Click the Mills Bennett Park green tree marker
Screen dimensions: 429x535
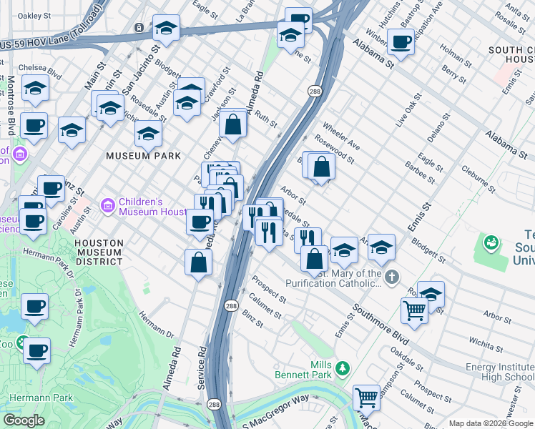coord(343,368)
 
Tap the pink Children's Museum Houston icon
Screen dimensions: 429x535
coord(107,206)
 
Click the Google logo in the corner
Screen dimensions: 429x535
coord(24,420)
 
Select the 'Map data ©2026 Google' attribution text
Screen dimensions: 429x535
coord(490,423)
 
